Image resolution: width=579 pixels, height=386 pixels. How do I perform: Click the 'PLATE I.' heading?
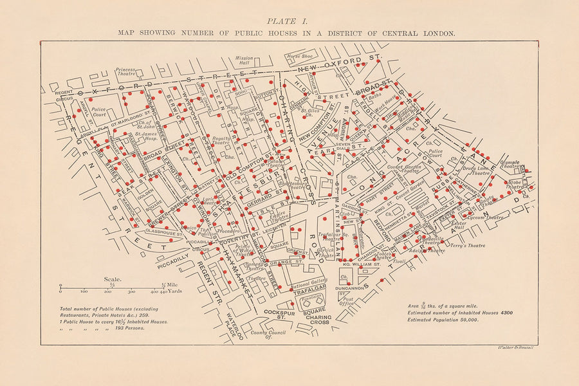point(289,19)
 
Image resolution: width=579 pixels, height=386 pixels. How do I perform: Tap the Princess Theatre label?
point(125,71)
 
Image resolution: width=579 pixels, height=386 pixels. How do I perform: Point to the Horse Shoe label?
point(299,56)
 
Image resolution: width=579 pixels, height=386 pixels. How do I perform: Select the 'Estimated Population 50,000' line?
point(443,319)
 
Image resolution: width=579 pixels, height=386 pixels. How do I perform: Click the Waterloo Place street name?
point(234,327)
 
